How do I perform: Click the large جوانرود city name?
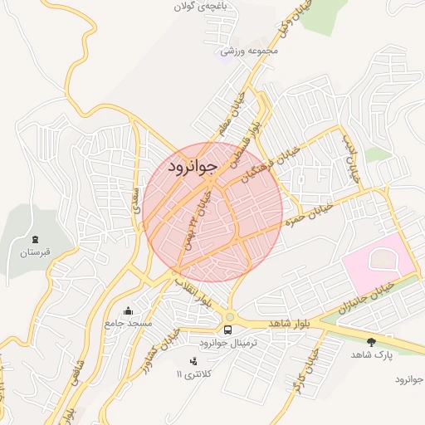(192, 166)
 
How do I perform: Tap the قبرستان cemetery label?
(37, 252)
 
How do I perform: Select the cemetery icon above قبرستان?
(35, 239)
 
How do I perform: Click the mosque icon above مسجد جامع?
(127, 312)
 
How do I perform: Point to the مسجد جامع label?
(128, 324)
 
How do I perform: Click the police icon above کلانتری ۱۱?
(194, 361)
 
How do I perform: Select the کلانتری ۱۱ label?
(193, 374)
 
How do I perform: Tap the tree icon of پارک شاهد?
(370, 341)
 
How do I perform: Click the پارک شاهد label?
(370, 354)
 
